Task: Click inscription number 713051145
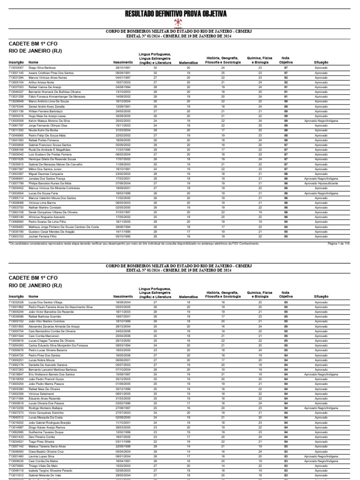pyautogui.click(x=16, y=73)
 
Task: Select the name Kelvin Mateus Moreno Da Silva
pyautogui.click(x=49, y=120)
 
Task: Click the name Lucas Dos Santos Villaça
pyautogui.click(x=45, y=303)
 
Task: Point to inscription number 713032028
pyautogui.click(x=16, y=303)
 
